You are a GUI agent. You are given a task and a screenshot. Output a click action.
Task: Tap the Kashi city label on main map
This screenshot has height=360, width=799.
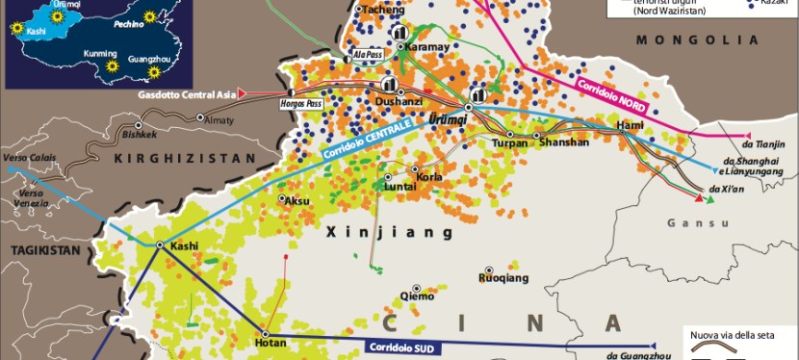pyautogui.click(x=184, y=246)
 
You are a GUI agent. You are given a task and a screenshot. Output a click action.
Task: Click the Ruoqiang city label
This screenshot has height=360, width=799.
pyautogui.click(x=503, y=278)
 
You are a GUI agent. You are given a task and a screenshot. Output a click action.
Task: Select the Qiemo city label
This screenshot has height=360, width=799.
pyautogui.click(x=417, y=297)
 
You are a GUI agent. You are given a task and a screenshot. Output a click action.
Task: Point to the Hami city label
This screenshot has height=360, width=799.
pyautogui.click(x=630, y=125)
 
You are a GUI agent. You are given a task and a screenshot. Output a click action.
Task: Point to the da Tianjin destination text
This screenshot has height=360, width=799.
pyautogui.click(x=768, y=143)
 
